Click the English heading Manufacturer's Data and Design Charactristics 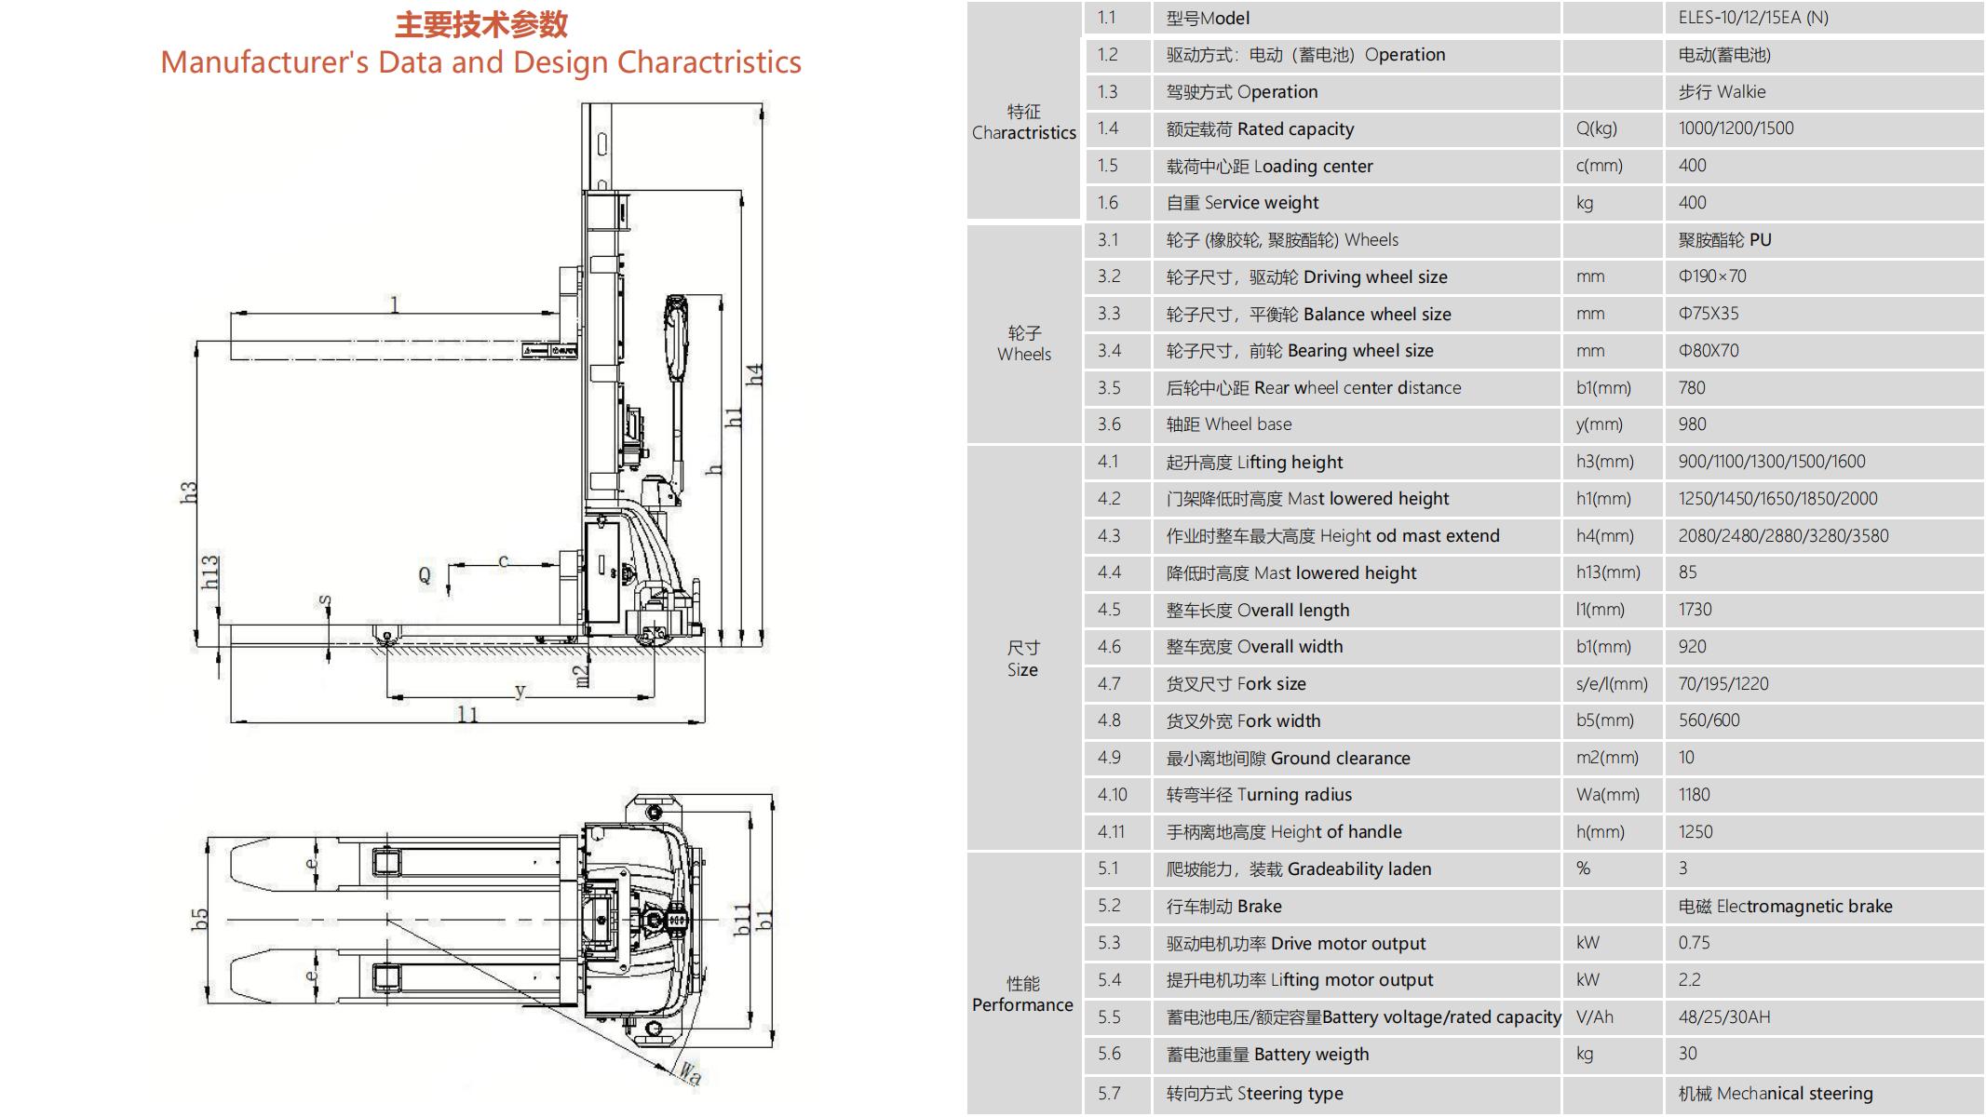480,62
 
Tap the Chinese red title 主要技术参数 480,24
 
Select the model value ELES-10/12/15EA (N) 1752,18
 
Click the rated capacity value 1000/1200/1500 1736,128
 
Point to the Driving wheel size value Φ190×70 1711,276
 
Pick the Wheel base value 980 1692,424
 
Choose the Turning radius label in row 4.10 1258,795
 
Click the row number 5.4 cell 1109,980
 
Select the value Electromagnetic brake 1784,907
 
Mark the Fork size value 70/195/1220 1723,684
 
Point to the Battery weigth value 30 1687,1054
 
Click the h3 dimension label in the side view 189,492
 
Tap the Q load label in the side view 425,575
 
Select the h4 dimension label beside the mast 755,375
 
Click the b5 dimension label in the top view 199,920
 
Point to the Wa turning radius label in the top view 689,1073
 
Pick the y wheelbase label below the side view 520,691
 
